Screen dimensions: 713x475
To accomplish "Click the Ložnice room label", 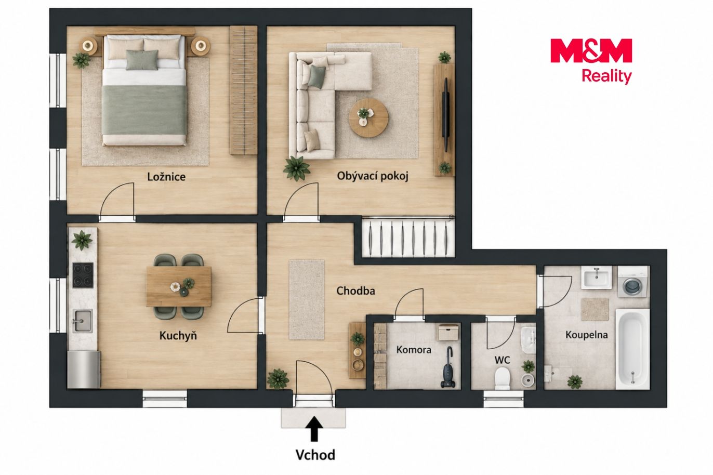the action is pyautogui.click(x=166, y=177).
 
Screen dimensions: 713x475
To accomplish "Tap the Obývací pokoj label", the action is pyautogui.click(x=373, y=176).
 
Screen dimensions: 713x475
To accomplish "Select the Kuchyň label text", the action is pyautogui.click(x=178, y=336).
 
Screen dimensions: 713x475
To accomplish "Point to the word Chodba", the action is pyautogui.click(x=355, y=291).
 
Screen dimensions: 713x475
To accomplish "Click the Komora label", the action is pyautogui.click(x=414, y=350).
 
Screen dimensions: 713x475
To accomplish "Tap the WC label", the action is pyautogui.click(x=503, y=360).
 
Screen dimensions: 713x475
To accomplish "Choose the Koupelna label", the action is pyautogui.click(x=587, y=335).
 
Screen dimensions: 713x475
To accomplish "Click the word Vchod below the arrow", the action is pyautogui.click(x=315, y=455).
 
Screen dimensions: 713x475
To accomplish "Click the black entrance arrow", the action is pyautogui.click(x=314, y=429).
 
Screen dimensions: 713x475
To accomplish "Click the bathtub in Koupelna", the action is pyautogui.click(x=633, y=349).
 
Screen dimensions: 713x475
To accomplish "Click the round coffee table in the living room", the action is pyautogui.click(x=368, y=118).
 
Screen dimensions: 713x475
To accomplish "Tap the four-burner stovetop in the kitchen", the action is pyautogui.click(x=83, y=275).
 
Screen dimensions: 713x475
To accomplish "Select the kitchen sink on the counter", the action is pyautogui.click(x=83, y=321).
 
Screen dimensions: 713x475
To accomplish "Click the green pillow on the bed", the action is pyautogui.click(x=142, y=60).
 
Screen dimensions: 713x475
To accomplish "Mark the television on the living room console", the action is pyautogui.click(x=446, y=115).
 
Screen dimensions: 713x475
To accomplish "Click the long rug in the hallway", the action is pyautogui.click(x=307, y=300).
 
